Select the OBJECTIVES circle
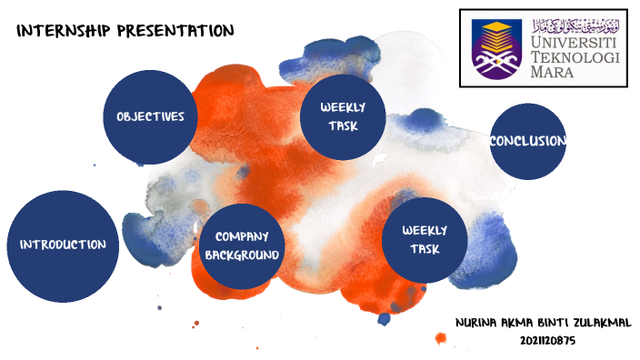pos(150,117)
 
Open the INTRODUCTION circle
pos(64,245)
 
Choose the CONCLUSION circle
pos(528,142)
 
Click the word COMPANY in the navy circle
pos(242,236)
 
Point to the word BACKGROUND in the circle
pos(242,255)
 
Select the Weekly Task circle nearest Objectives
pos(344,116)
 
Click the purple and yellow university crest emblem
pos(496,47)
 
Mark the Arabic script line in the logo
pos(575,23)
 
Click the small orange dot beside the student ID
pos(441,339)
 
